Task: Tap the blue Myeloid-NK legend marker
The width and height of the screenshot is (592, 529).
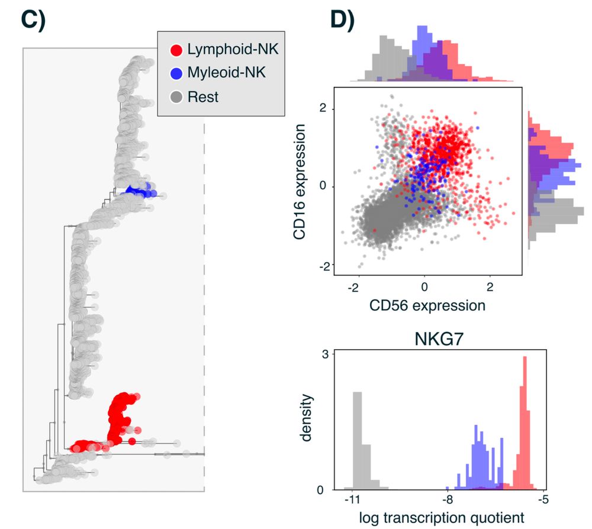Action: pos(175,73)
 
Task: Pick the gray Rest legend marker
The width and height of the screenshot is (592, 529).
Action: pos(175,96)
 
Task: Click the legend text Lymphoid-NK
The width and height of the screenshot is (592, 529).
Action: pos(232,50)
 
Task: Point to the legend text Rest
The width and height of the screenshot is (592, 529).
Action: pos(202,96)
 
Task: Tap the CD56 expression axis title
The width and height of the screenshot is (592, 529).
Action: pos(427,305)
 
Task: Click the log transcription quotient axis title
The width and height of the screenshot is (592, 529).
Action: pos(442,518)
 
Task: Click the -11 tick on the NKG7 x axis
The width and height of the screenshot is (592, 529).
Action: pos(352,500)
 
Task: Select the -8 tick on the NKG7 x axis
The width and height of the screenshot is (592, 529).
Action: pos(448,500)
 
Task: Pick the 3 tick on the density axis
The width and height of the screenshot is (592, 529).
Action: pos(325,353)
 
